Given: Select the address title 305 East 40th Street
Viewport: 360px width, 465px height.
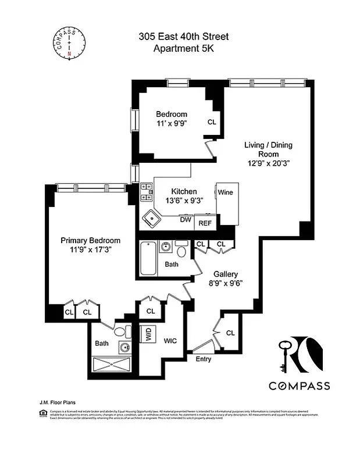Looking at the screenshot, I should point(183,37).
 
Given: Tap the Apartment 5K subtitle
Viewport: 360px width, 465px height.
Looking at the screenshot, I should point(183,49).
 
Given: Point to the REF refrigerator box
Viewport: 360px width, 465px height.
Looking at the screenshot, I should point(205,223).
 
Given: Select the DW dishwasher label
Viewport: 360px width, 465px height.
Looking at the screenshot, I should point(186,220).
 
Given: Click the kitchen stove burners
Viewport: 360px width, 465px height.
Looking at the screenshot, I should point(146,192).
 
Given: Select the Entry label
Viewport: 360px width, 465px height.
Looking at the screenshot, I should point(203,359).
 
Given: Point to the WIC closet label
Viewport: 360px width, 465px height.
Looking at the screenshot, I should point(170,341).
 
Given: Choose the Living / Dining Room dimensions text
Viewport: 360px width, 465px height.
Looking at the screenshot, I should point(268,163).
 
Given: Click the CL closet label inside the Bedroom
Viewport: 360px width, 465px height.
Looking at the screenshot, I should point(212,122).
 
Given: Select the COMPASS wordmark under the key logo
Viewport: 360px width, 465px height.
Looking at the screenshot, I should point(299,385).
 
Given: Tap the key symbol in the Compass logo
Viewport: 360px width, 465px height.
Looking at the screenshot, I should point(284,355).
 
